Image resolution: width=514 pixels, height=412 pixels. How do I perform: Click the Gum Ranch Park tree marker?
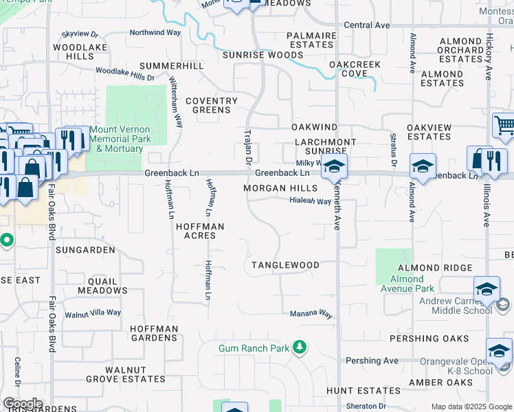tap(299, 347)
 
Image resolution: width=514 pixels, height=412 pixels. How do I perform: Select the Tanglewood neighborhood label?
tap(285, 265)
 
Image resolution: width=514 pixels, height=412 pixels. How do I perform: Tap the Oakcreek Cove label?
tap(355, 69)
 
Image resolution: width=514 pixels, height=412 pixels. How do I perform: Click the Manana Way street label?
tap(311, 314)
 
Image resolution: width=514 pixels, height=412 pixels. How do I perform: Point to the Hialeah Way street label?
tap(310, 201)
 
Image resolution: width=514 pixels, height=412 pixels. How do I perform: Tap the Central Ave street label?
tap(367, 25)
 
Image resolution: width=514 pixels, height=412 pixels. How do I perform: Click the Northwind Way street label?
tap(155, 32)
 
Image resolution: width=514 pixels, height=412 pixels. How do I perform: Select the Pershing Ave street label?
tap(372, 360)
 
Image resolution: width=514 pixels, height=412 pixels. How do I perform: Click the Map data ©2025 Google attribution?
tap(471, 407)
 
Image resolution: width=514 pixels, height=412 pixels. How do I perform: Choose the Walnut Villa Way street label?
tap(93, 313)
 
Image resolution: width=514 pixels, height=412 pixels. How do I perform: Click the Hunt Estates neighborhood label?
tap(354, 391)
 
